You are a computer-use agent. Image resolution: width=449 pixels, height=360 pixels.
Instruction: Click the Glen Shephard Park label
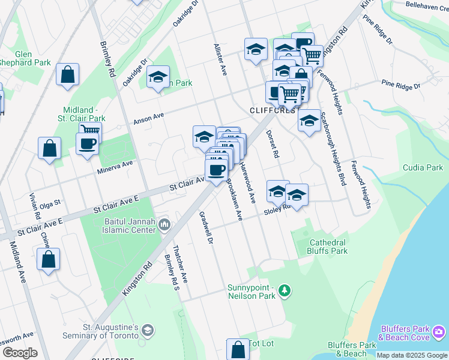pyautogui.click(x=25, y=57)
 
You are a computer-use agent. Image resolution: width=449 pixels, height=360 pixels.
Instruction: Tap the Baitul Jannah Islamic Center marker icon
pyautogui.click(x=164, y=225)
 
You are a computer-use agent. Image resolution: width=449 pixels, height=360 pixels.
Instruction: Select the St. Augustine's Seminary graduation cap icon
pyautogui.click(x=148, y=331)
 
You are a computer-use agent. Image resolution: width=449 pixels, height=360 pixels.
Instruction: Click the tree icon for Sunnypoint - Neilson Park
pyautogui.click(x=285, y=291)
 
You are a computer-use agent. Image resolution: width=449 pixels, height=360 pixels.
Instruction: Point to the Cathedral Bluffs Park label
pyautogui.click(x=328, y=247)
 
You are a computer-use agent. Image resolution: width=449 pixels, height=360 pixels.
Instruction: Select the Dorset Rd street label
pyautogui.click(x=273, y=145)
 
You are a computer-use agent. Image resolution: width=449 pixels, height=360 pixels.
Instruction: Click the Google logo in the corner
pyautogui.click(x=20, y=353)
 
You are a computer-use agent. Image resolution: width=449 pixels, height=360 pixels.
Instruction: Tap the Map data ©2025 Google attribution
pyautogui.click(x=411, y=355)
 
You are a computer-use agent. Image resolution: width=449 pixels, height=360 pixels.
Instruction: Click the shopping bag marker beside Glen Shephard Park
pyautogui.click(x=68, y=75)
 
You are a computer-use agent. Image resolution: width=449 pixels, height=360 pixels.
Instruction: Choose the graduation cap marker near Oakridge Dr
pyautogui.click(x=158, y=77)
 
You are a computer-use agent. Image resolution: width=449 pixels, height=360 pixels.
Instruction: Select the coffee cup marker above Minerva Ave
pyautogui.click(x=87, y=144)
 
